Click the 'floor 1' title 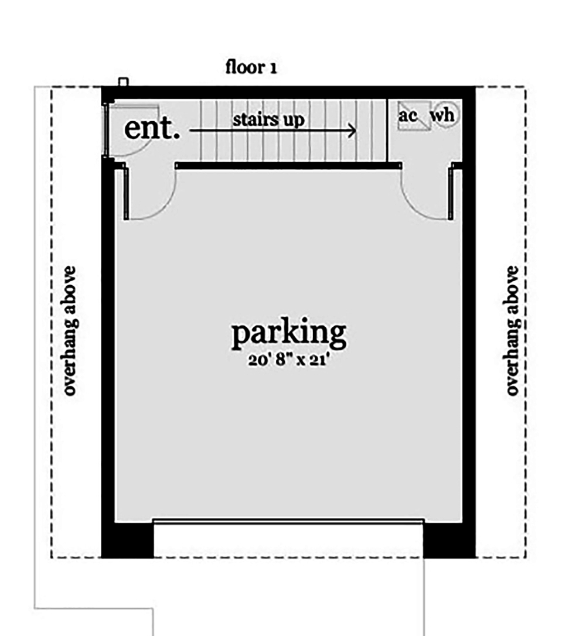[x=251, y=67]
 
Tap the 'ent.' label [x=152, y=129]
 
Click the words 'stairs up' [x=269, y=120]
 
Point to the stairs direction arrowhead [x=352, y=131]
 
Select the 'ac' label [x=408, y=115]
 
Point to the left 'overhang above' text [x=70, y=331]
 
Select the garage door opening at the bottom [x=288, y=521]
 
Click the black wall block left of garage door [x=128, y=539]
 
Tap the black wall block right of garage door [x=449, y=539]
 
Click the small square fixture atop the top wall [x=122, y=82]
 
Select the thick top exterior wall [x=288, y=93]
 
